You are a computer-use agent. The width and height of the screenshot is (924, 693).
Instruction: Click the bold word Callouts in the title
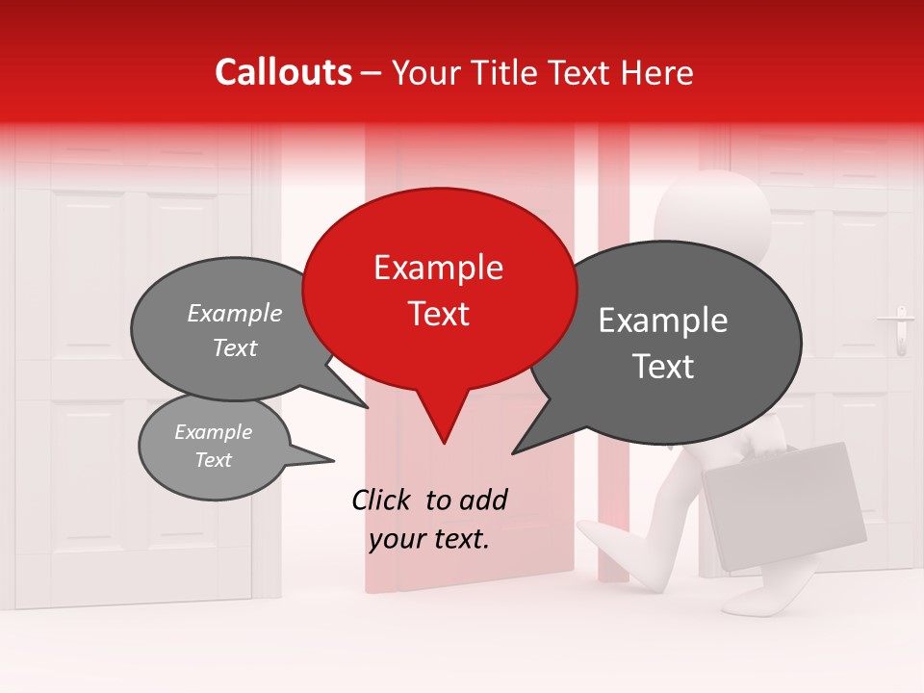click(284, 72)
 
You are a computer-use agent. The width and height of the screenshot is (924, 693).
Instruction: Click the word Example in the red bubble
click(438, 268)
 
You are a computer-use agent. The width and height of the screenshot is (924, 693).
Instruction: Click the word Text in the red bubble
click(438, 314)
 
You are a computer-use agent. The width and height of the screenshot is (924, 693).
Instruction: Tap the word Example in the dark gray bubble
click(663, 321)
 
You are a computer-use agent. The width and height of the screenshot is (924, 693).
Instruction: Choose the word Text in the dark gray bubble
click(663, 367)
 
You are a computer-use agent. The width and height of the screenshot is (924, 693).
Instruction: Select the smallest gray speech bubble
click(214, 447)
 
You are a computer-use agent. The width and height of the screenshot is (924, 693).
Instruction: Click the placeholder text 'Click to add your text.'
click(429, 520)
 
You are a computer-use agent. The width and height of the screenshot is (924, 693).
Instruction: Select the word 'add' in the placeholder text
click(482, 500)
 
